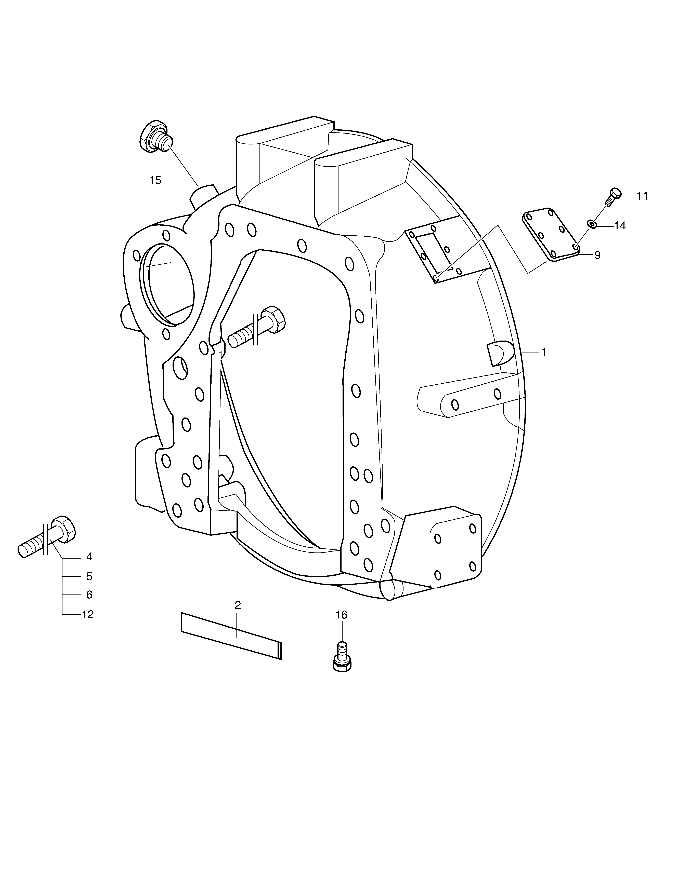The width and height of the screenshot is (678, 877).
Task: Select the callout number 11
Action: click(x=642, y=196)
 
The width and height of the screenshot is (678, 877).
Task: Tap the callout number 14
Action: click(x=620, y=226)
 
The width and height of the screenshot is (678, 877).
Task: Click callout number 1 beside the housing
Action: click(x=544, y=352)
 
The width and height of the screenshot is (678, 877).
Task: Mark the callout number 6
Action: click(x=89, y=594)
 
